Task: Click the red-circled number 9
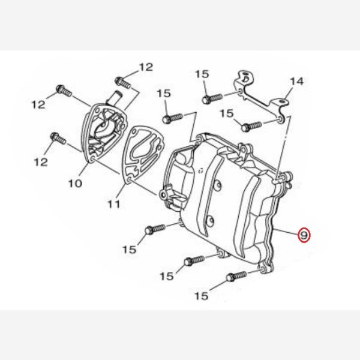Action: [304, 235]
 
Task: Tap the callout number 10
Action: [75, 183]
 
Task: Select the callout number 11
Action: [114, 204]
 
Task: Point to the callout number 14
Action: [297, 81]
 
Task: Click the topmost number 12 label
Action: [146, 67]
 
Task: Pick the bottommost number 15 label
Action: [202, 296]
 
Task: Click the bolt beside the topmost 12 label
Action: [123, 83]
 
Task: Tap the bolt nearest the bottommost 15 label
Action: [236, 276]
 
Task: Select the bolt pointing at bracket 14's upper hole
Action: [212, 99]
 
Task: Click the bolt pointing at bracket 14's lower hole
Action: [251, 127]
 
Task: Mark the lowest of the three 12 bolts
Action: [58, 139]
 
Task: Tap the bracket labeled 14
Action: [262, 97]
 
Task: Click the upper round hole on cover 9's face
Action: [218, 184]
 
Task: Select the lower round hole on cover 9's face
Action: [211, 221]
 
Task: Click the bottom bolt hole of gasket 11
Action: [129, 179]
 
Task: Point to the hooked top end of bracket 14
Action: [245, 77]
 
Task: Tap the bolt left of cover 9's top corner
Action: [173, 118]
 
